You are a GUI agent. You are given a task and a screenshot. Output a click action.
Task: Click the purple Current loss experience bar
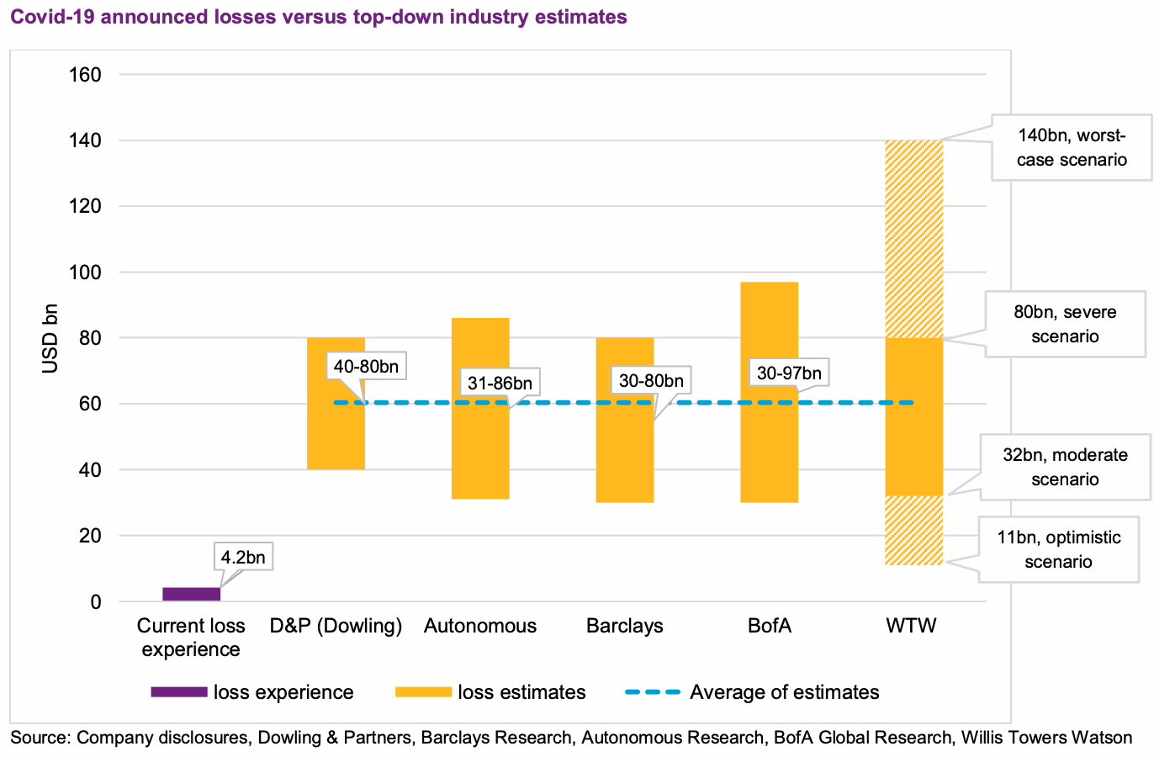[191, 594]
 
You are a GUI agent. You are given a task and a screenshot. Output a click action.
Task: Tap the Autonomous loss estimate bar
[480, 454]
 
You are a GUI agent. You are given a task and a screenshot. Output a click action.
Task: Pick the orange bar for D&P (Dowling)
[336, 437]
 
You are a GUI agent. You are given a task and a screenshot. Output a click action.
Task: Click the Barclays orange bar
[625, 454]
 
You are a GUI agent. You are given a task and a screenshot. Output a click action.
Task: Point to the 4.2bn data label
[242, 557]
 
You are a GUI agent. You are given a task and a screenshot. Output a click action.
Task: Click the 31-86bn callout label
[500, 383]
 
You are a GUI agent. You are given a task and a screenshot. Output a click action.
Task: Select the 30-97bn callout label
[788, 373]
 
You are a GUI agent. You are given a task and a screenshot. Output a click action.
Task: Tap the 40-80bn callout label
[366, 367]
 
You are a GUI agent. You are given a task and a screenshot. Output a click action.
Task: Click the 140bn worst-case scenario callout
[1072, 148]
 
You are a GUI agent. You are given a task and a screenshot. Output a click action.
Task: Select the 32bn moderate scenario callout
[1065, 467]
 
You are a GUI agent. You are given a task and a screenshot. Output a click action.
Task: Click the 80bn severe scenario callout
[1065, 324]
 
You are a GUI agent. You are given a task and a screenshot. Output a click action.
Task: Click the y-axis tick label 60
[89, 404]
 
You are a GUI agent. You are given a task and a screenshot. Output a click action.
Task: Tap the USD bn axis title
[50, 337]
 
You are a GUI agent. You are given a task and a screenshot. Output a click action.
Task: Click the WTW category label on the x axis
[911, 626]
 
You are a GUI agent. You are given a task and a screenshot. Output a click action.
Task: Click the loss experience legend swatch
[178, 692]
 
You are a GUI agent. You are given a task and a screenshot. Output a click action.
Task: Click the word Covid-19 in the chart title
[46, 16]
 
